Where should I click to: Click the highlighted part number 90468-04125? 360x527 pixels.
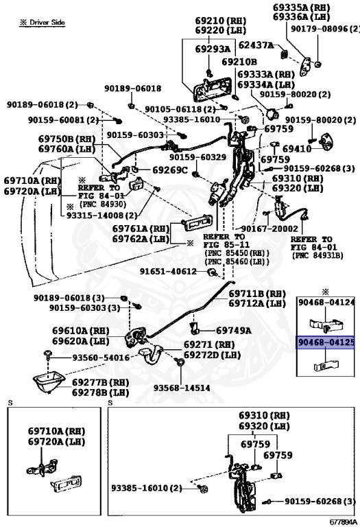coord(326,342)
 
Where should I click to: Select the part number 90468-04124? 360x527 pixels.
coord(326,302)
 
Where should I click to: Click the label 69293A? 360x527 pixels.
coord(212,49)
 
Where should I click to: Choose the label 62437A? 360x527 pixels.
coord(255,45)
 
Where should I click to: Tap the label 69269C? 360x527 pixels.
coord(169,169)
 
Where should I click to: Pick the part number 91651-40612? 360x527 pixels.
coord(169,272)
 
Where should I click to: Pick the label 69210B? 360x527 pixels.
coord(239,62)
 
